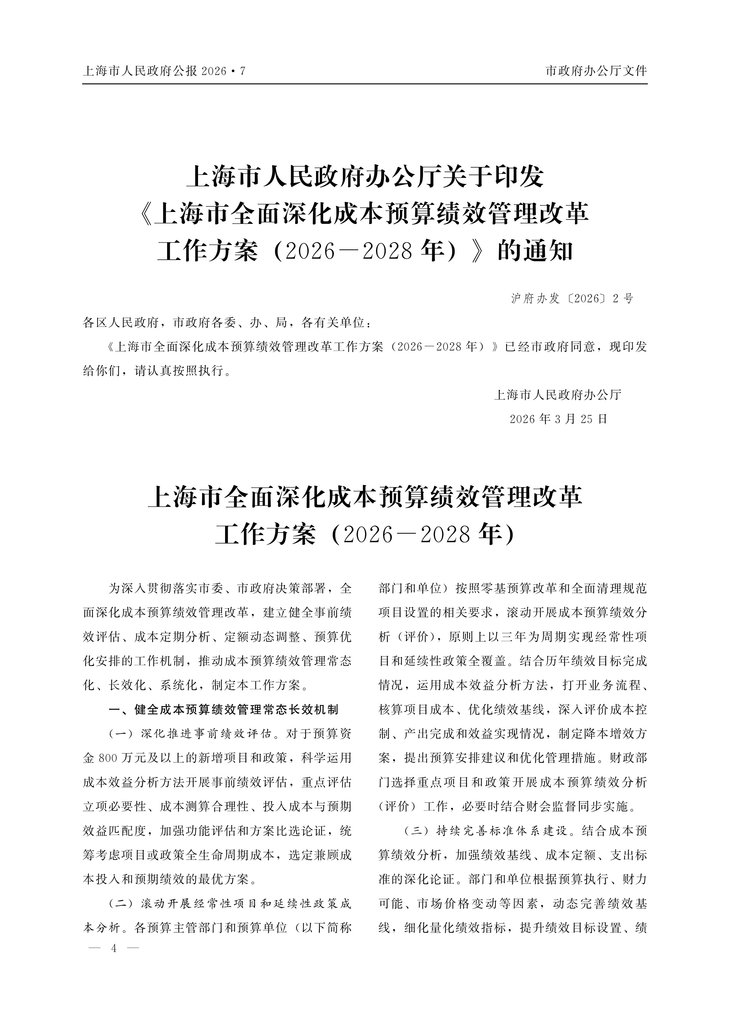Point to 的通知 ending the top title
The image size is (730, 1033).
535,251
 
